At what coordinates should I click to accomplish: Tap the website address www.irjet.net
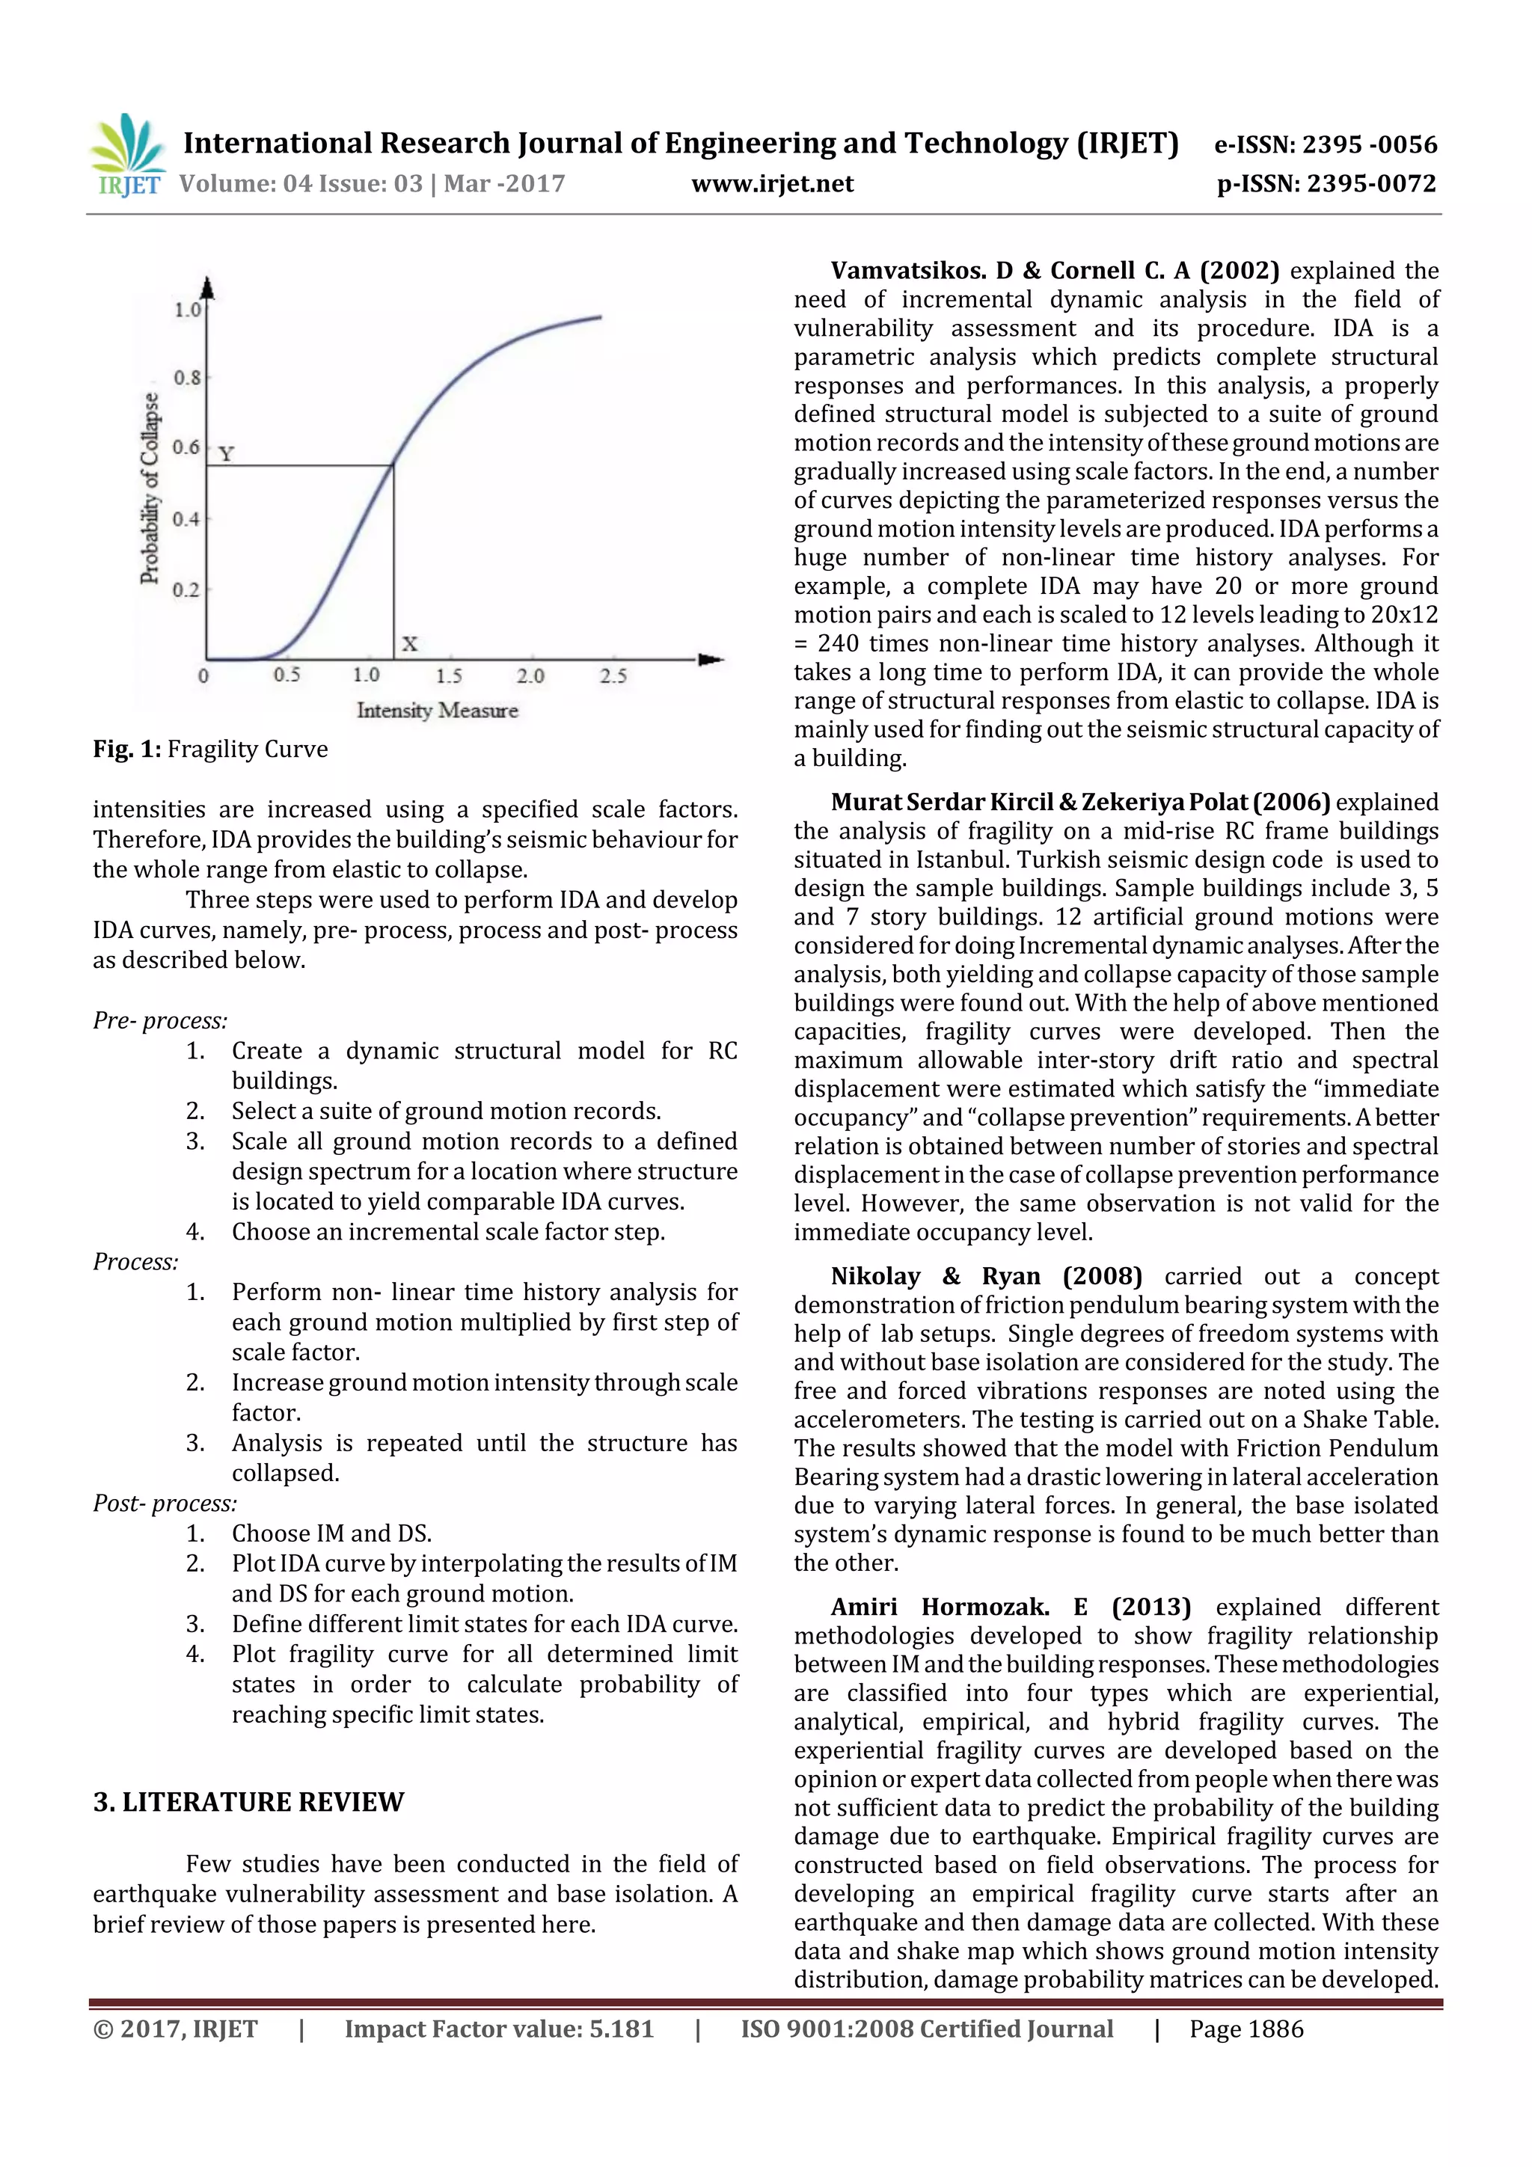pos(772,183)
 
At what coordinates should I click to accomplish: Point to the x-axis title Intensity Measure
pos(437,711)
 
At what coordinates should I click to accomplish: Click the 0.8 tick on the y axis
pos(187,378)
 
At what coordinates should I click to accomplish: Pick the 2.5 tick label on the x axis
pos(613,675)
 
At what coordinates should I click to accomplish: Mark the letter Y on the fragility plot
pos(227,454)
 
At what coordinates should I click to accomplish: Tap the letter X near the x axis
pos(408,645)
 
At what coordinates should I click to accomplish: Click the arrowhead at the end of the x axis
pos(711,659)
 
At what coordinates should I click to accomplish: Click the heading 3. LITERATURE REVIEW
pos(248,1802)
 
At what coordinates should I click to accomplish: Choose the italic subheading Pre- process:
pos(159,1021)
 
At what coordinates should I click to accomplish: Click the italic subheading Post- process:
pos(165,1504)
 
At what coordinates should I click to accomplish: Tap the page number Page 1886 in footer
pos(1246,2029)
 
